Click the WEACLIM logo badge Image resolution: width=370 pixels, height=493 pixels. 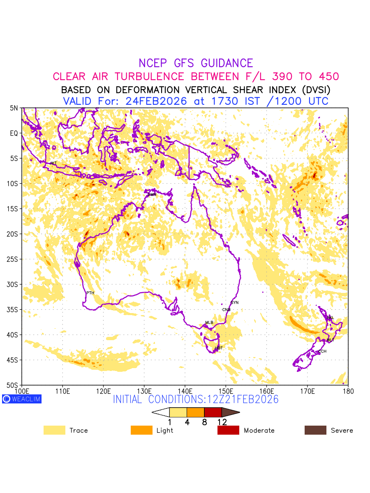(x=22, y=399)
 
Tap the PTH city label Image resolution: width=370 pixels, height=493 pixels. (x=90, y=293)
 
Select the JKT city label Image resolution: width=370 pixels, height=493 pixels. (x=53, y=164)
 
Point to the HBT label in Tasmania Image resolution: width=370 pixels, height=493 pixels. (x=219, y=348)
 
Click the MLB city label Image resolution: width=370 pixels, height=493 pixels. (x=209, y=323)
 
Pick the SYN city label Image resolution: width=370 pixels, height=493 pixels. (x=235, y=303)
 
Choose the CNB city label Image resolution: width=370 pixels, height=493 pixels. (x=226, y=310)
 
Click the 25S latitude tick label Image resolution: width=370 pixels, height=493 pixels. (x=14, y=259)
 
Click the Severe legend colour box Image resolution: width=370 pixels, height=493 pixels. (x=315, y=430)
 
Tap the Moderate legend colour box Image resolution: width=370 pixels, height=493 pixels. (x=228, y=430)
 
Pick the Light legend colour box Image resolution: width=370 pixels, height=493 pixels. (x=141, y=430)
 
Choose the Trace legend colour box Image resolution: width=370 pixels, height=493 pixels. (x=54, y=430)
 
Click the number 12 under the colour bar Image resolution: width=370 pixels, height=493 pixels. (x=222, y=422)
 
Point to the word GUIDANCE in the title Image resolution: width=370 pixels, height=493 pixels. (x=227, y=63)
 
